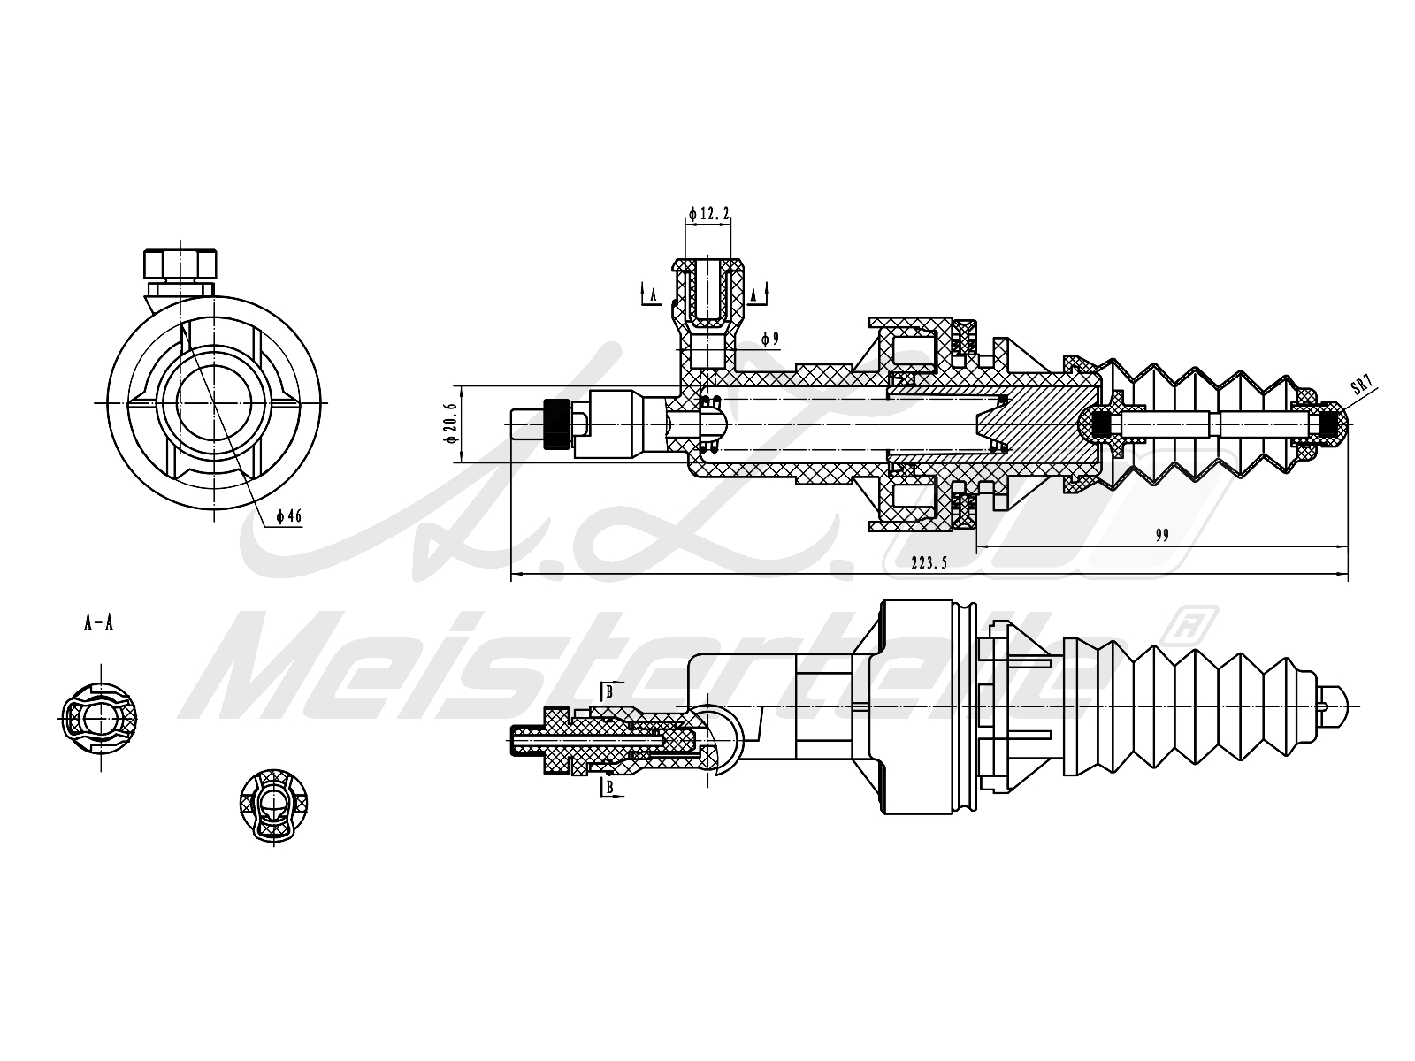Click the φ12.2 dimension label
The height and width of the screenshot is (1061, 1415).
(x=709, y=213)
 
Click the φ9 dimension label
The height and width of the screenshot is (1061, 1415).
(x=770, y=338)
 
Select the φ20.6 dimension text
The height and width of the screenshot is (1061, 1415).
(x=450, y=423)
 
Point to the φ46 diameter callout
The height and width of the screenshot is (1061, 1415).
(x=289, y=516)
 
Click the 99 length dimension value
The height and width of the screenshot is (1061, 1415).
(x=1162, y=534)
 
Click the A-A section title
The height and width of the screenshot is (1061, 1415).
(x=98, y=623)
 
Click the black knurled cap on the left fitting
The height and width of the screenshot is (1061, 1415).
(x=555, y=424)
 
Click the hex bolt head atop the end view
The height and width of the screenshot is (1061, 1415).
(x=180, y=264)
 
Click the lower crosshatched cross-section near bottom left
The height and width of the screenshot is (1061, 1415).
(x=273, y=805)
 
